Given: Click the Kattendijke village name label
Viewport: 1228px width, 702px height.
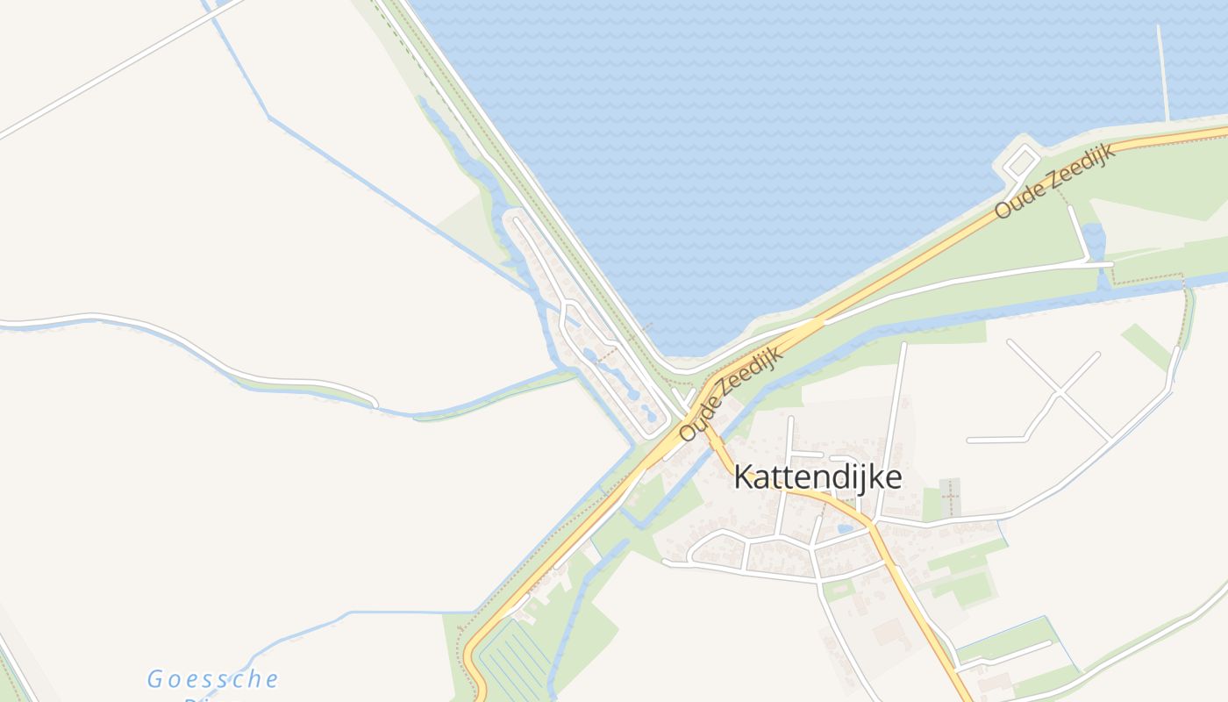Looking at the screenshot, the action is tap(817, 477).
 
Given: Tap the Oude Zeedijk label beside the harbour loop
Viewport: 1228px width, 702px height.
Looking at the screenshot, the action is tap(1054, 181).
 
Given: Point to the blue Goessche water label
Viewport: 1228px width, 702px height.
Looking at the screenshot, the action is tap(212, 679).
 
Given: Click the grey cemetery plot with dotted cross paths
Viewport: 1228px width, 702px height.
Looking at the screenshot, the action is tap(950, 498).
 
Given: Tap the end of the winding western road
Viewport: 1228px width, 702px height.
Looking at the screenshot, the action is tap(375, 405).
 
